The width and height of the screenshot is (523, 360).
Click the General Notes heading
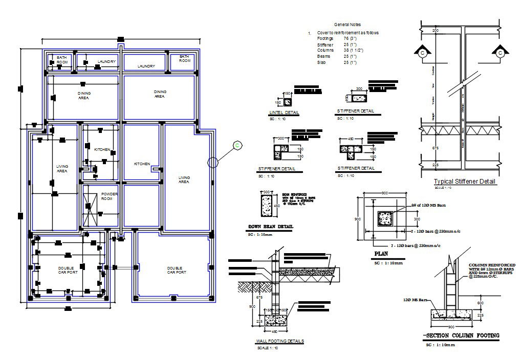pyautogui.click(x=347, y=25)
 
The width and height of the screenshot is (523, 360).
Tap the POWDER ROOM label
pyautogui.click(x=110, y=196)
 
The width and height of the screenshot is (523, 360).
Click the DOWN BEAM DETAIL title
pyautogui.click(x=271, y=227)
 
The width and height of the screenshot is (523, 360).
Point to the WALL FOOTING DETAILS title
pyautogui.click(x=279, y=341)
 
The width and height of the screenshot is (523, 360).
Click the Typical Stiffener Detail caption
pyautogui.click(x=465, y=182)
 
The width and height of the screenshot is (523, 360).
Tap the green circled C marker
pyautogui.click(x=237, y=146)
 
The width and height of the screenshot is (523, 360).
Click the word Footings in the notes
pyautogui.click(x=325, y=39)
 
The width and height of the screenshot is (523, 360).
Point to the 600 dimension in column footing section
pyautogui.click(x=480, y=303)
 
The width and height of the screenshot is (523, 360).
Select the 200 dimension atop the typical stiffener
pyautogui.click(x=435, y=31)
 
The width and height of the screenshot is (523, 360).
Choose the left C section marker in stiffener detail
pyautogui.click(x=423, y=52)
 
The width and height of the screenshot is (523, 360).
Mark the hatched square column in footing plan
pyautogui.click(x=384, y=219)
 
